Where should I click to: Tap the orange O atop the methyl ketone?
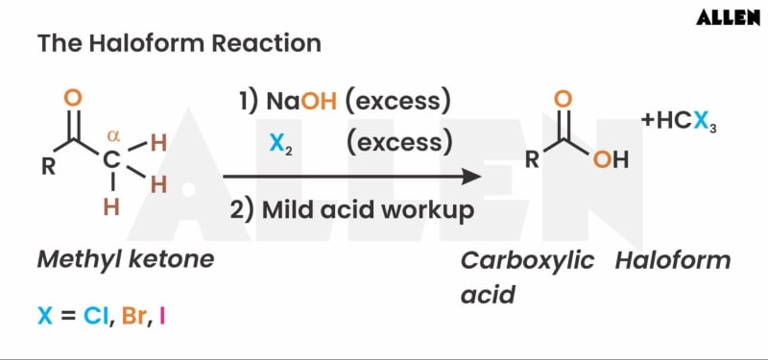tap(74, 98)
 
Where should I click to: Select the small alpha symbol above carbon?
tap(112, 135)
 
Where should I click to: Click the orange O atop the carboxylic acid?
tap(564, 98)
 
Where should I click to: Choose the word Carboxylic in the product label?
tap(527, 261)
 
